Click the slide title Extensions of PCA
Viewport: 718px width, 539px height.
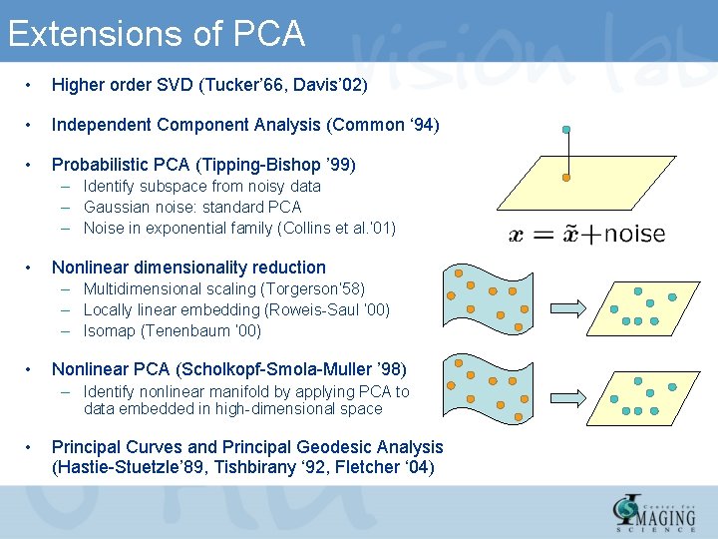click(156, 34)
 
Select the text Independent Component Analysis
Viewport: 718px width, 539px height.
click(185, 125)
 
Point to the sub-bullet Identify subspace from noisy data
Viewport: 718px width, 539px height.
click(201, 186)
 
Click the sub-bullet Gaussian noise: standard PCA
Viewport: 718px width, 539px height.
click(191, 207)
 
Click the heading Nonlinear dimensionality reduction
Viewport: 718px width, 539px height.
click(188, 268)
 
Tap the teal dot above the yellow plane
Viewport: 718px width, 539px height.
click(566, 130)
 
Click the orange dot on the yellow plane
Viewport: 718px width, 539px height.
click(566, 178)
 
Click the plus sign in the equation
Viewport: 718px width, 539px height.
click(590, 236)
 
